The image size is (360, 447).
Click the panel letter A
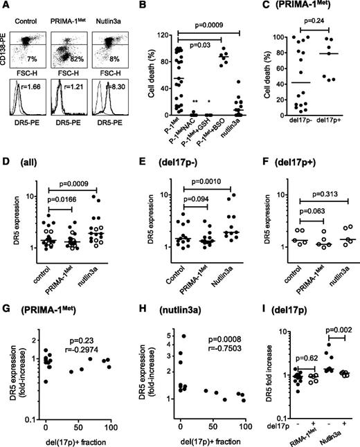[6, 6]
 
